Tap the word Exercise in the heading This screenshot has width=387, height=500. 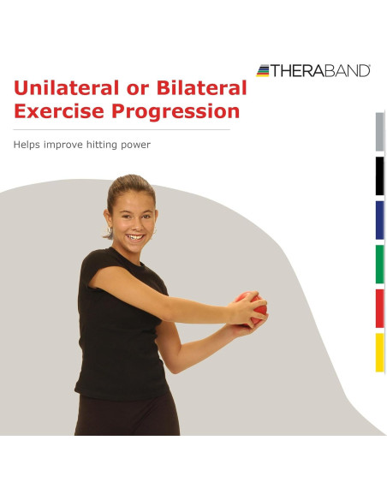(x=59, y=111)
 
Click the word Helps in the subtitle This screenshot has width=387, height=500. (x=29, y=145)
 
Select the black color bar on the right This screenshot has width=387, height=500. (x=379, y=176)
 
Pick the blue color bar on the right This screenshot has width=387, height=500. (x=379, y=220)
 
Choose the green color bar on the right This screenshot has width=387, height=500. (x=379, y=264)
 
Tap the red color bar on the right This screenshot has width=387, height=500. (x=379, y=308)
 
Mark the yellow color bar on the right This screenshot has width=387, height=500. (x=379, y=352)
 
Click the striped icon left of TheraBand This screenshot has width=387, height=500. (x=263, y=70)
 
